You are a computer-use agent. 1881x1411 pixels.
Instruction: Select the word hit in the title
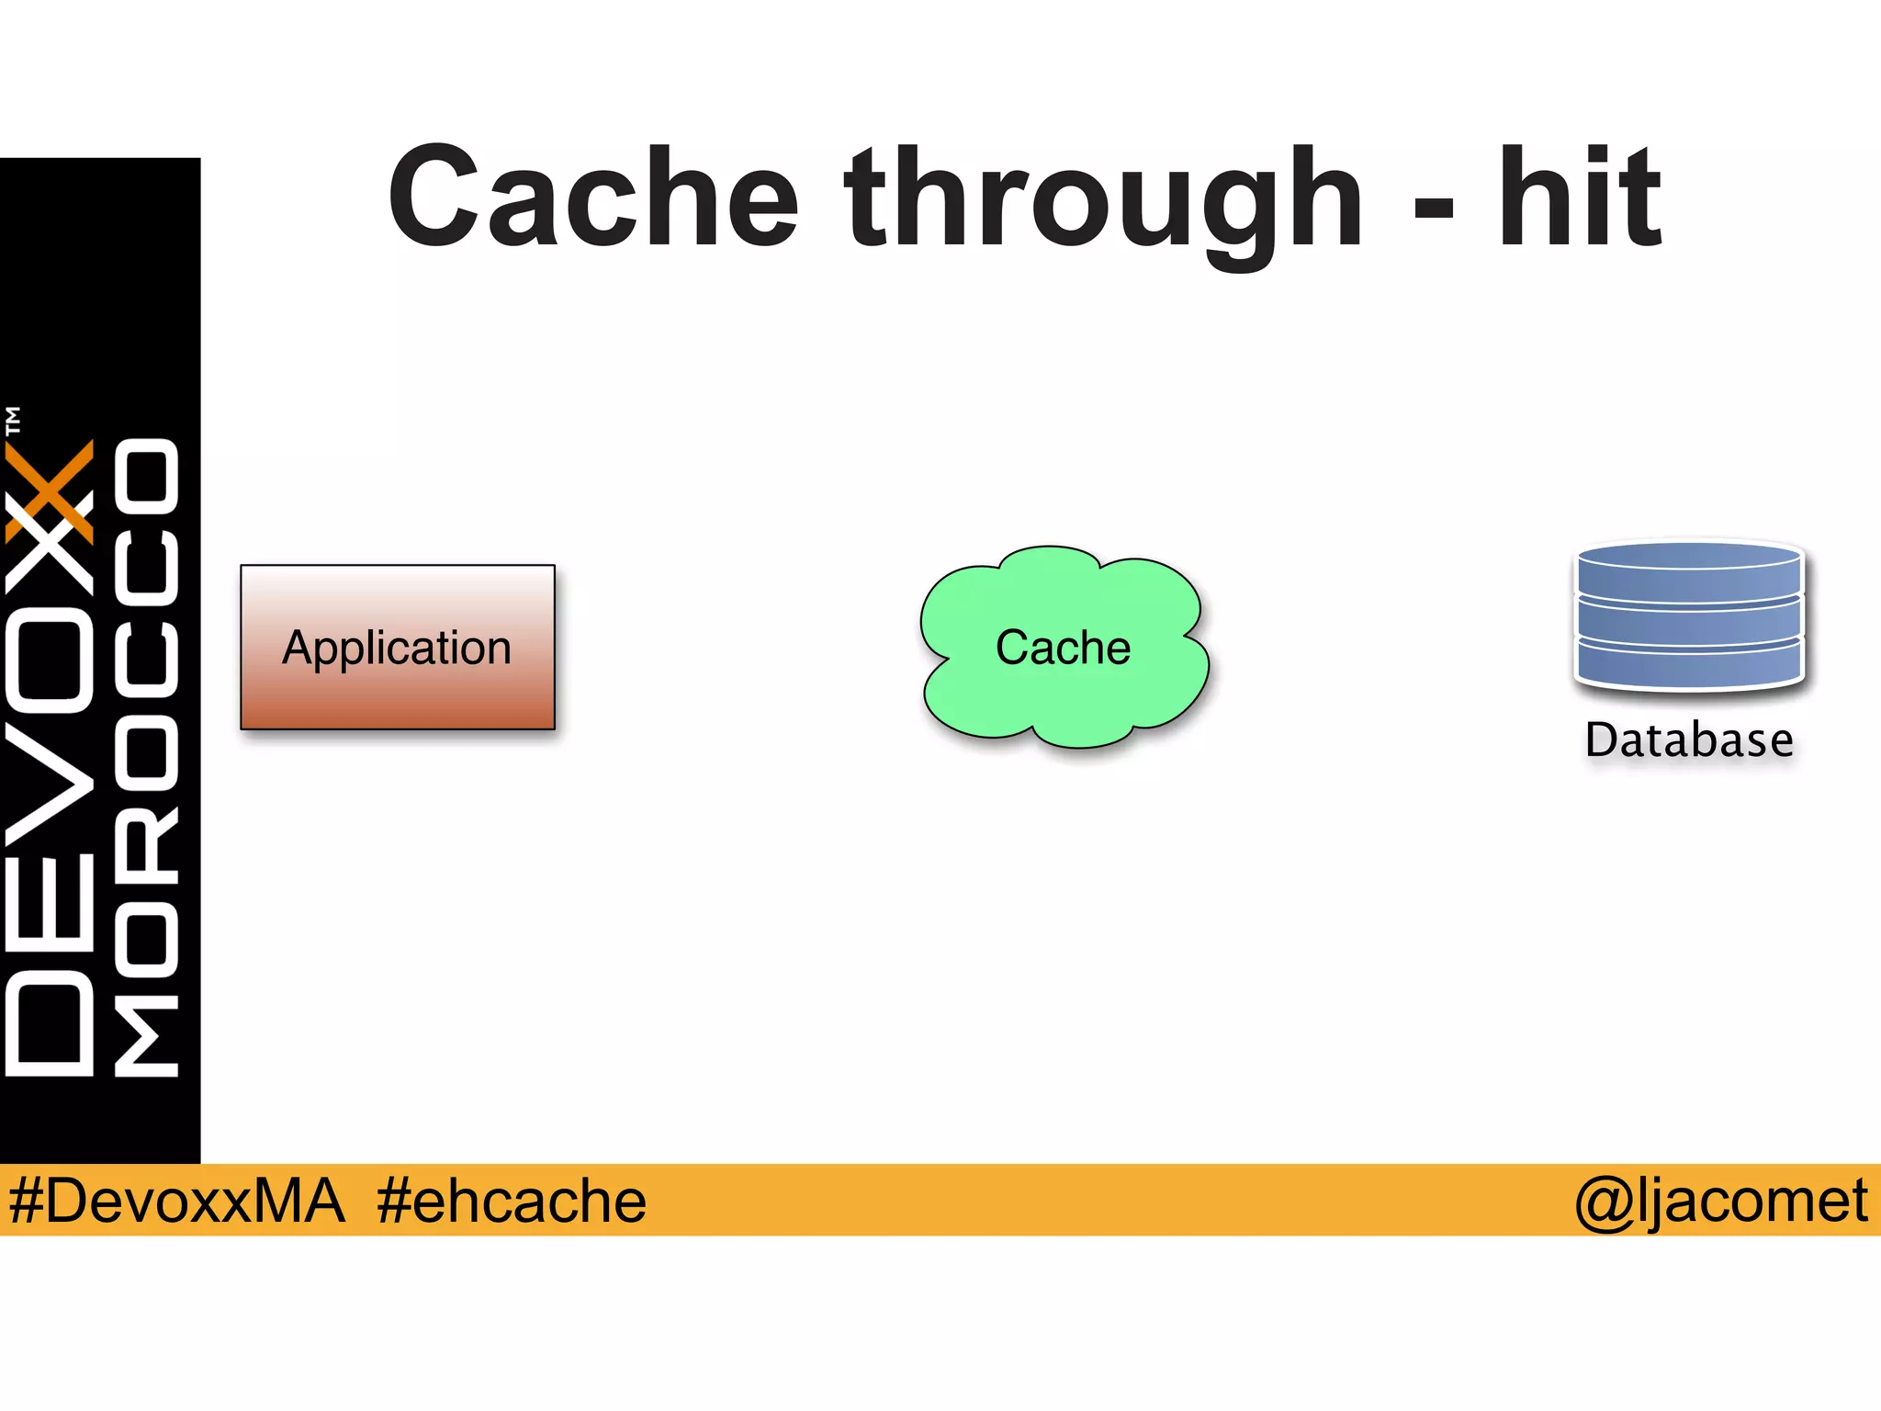point(1580,198)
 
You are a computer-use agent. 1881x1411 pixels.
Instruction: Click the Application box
point(398,698)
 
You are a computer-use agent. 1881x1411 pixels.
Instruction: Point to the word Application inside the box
point(397,648)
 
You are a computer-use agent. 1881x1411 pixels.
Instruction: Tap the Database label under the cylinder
point(1688,740)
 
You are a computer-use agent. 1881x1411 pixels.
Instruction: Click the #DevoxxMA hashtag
point(176,1201)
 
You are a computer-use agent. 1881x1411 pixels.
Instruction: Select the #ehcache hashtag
point(512,1201)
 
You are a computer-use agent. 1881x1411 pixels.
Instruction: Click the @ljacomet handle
point(1720,1201)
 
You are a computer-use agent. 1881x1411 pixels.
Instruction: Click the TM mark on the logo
point(13,421)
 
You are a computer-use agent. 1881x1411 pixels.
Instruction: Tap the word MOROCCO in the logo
point(147,758)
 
